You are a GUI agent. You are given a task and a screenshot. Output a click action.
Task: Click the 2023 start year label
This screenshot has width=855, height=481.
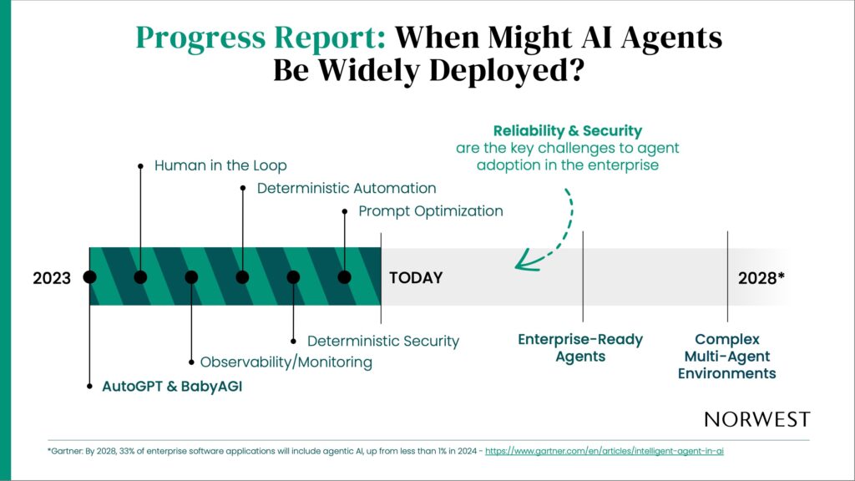pyautogui.click(x=52, y=278)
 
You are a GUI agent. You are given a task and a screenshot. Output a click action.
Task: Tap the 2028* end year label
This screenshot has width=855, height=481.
pyautogui.click(x=761, y=278)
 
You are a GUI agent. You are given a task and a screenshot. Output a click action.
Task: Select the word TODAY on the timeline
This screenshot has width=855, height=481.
pyautogui.click(x=416, y=277)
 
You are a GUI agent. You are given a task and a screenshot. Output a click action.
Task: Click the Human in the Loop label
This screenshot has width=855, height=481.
pyautogui.click(x=220, y=165)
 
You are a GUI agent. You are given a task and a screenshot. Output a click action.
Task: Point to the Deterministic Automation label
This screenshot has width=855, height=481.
pyautogui.click(x=347, y=188)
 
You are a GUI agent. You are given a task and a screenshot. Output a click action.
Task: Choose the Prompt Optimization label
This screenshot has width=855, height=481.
pyautogui.click(x=430, y=211)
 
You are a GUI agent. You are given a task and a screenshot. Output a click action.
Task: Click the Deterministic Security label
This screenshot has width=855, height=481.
pyautogui.click(x=382, y=341)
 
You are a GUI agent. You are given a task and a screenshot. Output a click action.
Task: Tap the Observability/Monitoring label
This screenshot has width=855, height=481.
pyautogui.click(x=286, y=362)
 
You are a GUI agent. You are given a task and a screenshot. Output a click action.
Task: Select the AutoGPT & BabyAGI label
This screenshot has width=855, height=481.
pyautogui.click(x=172, y=386)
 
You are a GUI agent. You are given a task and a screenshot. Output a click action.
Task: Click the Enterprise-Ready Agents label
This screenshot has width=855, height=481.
pyautogui.click(x=580, y=347)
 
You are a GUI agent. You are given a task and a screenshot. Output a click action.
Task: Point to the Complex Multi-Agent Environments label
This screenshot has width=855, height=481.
pyautogui.click(x=727, y=356)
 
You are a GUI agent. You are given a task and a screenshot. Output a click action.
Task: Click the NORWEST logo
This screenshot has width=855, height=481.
pyautogui.click(x=756, y=419)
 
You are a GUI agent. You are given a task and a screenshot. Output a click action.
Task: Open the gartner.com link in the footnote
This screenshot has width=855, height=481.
pyautogui.click(x=605, y=451)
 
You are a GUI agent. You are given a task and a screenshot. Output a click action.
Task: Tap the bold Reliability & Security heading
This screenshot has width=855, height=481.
pyautogui.click(x=568, y=131)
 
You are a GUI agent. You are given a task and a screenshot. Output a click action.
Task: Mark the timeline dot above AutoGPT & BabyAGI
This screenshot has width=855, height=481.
pyautogui.click(x=89, y=277)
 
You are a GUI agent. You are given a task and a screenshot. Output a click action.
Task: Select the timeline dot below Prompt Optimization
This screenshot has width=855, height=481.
pyautogui.click(x=344, y=277)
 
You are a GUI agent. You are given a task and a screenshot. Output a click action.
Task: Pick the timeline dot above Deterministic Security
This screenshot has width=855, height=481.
pyautogui.click(x=293, y=277)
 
